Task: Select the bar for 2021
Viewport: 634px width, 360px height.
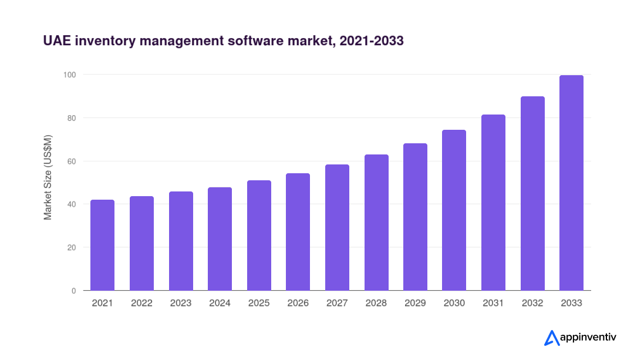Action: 102,245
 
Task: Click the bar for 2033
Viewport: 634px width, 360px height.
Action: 571,183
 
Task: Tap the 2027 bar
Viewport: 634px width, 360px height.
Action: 337,228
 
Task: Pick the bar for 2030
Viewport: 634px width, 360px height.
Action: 454,210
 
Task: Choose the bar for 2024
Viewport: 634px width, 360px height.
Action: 220,239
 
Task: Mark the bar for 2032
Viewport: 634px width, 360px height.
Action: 532,194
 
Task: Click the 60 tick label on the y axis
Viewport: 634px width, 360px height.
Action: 72,162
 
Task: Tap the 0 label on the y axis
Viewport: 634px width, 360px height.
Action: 74,291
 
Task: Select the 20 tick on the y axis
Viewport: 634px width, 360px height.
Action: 72,247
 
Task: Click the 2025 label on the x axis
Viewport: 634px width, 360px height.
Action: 259,304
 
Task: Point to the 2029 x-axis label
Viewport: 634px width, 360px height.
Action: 415,304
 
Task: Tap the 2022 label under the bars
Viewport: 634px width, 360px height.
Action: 141,304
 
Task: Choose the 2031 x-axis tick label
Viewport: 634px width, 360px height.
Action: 493,304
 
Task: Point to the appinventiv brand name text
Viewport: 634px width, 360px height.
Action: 588,338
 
